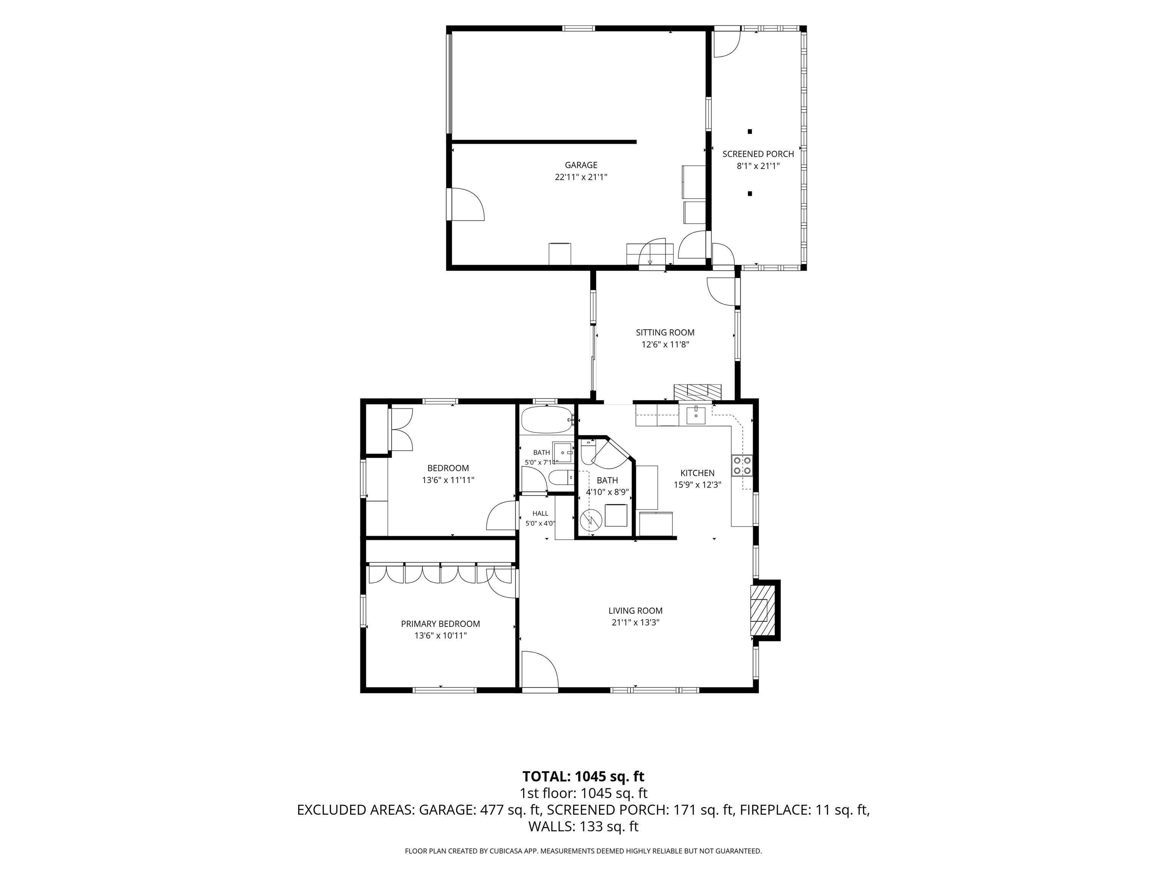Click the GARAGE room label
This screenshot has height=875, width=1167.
[x=581, y=165]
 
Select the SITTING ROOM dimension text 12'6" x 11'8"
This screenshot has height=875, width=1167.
[x=665, y=344]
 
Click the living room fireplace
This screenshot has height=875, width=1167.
[x=764, y=610]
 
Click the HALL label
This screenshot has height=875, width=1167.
[x=540, y=513]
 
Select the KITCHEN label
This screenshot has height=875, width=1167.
[x=697, y=473]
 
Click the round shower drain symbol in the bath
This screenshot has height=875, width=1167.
[x=590, y=521]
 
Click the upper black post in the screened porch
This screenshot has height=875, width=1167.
[x=750, y=131]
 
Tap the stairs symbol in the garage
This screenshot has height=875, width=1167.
[x=650, y=254]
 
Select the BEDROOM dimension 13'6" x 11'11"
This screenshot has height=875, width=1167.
[x=448, y=480]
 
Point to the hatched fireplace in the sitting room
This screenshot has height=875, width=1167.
[x=697, y=391]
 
